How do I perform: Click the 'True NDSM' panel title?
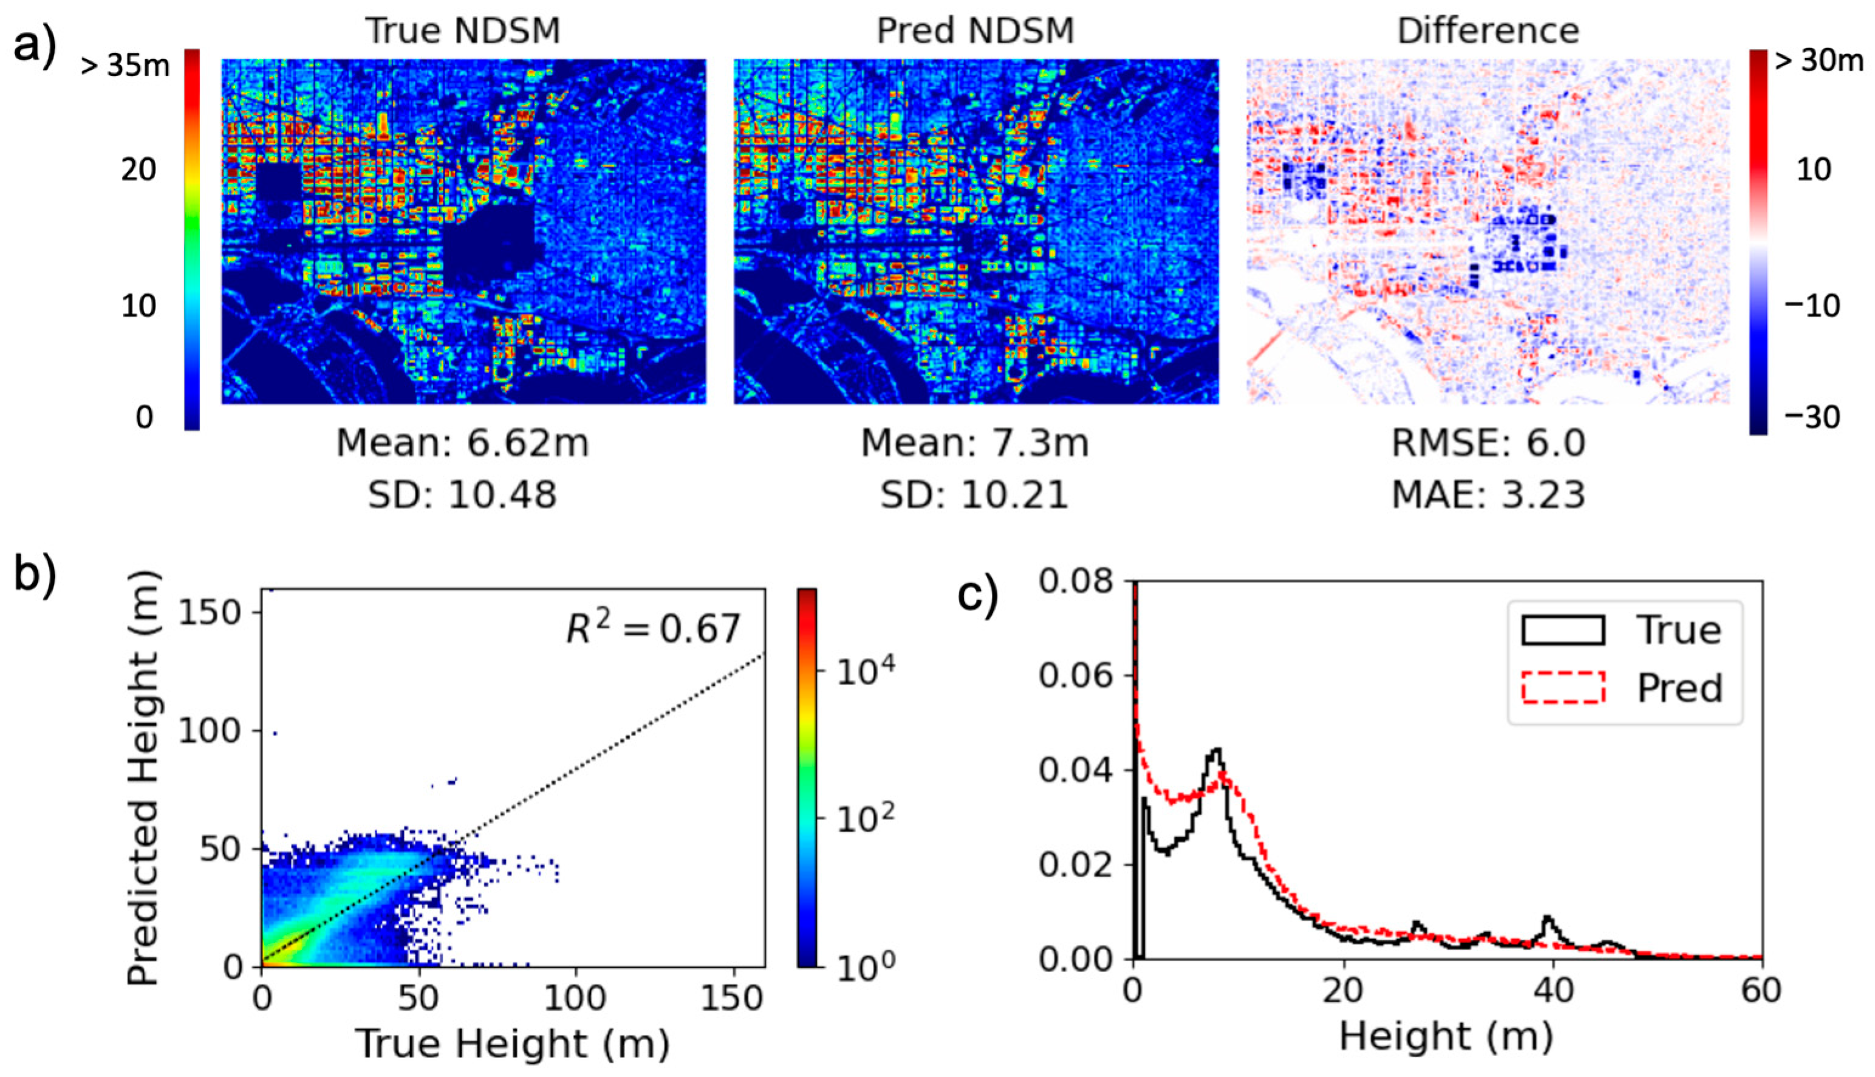[x=463, y=31]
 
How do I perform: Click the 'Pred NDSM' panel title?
[x=975, y=31]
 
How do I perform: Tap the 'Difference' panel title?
[x=1488, y=31]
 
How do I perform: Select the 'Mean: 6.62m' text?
[x=463, y=444]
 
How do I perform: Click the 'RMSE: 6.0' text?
[x=1488, y=444]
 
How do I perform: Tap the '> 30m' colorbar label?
[x=1818, y=61]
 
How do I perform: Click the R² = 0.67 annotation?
[x=653, y=629]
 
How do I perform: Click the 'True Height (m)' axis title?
[x=513, y=1044]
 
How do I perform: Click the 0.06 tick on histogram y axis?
[x=1076, y=676]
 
